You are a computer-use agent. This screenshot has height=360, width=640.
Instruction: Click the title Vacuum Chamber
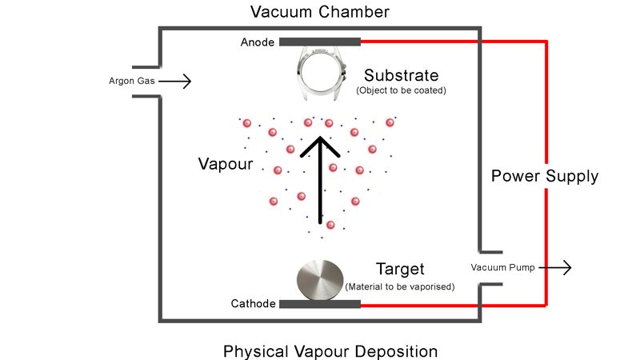point(319,12)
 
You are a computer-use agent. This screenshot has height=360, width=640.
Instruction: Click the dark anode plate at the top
point(319,42)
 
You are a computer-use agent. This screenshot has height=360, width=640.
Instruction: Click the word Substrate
point(401,76)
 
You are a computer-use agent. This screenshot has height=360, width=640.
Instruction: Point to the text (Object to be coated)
point(401,90)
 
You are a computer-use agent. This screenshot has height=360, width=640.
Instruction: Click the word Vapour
point(226,165)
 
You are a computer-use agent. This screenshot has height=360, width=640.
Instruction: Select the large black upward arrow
point(320,180)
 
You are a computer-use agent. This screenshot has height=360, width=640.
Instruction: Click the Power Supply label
point(544,177)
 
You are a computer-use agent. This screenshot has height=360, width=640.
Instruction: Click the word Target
point(400,270)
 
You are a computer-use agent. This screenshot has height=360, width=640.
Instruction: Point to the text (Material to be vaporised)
point(400,286)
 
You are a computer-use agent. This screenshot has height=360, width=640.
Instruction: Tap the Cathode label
point(254,304)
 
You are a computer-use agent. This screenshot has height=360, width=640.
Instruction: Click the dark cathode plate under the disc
point(319,304)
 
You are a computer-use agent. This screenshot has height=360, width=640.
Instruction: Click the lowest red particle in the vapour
point(330,225)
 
